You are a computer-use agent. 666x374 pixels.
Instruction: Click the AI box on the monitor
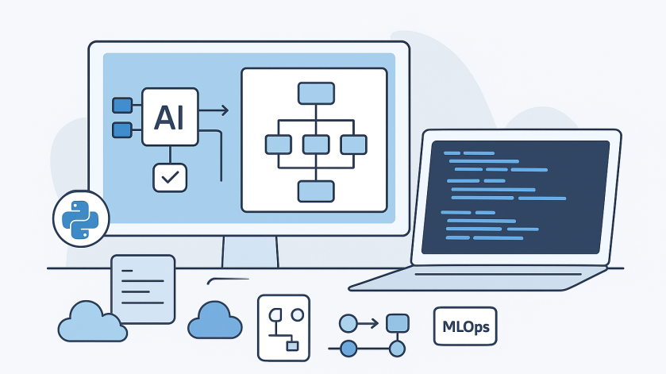point(170,117)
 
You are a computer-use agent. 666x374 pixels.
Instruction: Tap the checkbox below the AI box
point(170,177)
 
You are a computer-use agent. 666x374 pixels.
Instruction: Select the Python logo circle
point(80,218)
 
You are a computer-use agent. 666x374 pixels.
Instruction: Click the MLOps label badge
point(465,326)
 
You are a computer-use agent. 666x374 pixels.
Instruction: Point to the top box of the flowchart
point(316,94)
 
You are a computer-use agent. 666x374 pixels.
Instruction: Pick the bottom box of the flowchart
point(316,191)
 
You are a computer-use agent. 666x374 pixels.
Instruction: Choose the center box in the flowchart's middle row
point(316,144)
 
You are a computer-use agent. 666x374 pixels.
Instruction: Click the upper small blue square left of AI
point(123,105)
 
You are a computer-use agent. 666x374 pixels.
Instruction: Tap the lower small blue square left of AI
point(123,129)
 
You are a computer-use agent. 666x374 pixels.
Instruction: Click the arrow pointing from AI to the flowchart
point(215,110)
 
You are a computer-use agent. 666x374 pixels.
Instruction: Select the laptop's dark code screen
point(515,197)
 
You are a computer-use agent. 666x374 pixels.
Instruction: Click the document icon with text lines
point(144,287)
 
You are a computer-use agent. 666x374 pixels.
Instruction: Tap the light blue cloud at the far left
point(92,322)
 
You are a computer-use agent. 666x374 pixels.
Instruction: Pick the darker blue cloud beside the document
point(214,320)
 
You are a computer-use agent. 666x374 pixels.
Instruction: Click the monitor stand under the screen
point(250,252)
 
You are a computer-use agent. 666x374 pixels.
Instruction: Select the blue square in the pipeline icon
point(397,323)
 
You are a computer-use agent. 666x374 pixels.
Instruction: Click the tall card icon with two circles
point(283,326)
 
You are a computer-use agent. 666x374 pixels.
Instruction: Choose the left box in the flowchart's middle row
point(278,144)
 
